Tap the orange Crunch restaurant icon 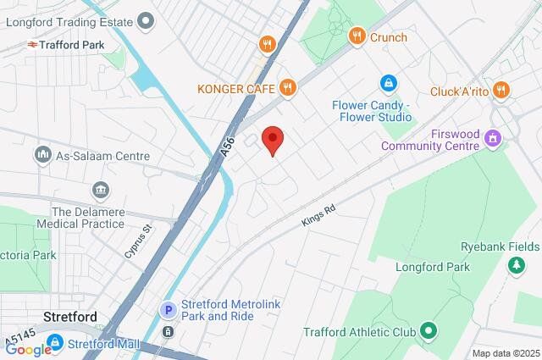(x=357, y=36)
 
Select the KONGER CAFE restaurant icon (x=289, y=86)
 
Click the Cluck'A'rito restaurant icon (x=502, y=90)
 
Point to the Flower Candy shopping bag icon (x=388, y=85)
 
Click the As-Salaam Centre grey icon (x=42, y=155)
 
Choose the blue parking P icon (x=169, y=311)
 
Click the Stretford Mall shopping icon (x=55, y=343)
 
